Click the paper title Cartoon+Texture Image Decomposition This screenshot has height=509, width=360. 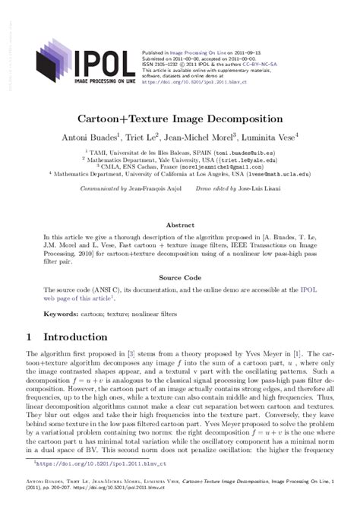(x=179, y=120)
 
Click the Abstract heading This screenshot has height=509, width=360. (x=179, y=226)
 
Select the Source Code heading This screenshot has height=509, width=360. (x=179, y=279)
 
